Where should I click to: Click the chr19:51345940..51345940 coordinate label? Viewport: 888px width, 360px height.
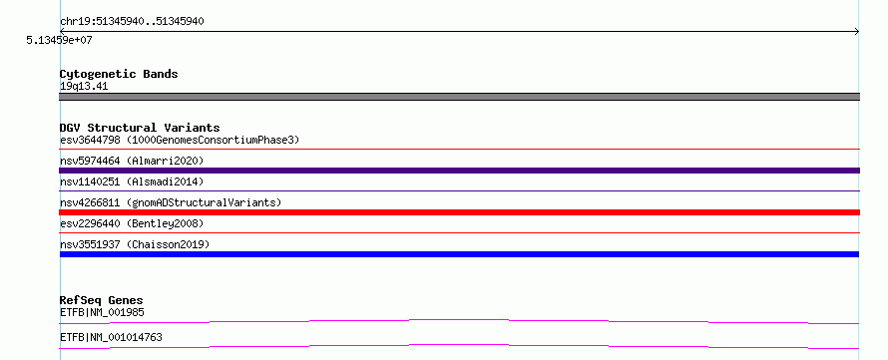pyautogui.click(x=132, y=22)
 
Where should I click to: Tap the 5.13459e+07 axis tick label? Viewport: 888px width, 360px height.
pyautogui.click(x=59, y=40)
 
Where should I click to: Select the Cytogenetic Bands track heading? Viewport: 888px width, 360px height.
pyautogui.click(x=119, y=74)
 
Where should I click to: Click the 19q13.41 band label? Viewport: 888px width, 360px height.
pyautogui.click(x=84, y=87)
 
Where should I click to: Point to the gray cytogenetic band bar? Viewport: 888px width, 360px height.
pyautogui.click(x=459, y=97)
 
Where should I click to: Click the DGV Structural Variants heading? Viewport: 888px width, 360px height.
pyautogui.click(x=140, y=128)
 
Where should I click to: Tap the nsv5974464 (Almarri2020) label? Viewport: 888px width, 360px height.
pyautogui.click(x=132, y=161)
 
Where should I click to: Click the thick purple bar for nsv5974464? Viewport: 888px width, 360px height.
pyautogui.click(x=459, y=171)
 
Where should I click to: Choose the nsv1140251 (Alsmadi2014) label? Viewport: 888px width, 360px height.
pyautogui.click(x=132, y=181)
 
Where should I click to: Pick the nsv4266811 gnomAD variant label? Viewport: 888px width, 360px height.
pyautogui.click(x=171, y=202)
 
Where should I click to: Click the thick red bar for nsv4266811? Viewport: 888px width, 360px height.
pyautogui.click(x=459, y=212)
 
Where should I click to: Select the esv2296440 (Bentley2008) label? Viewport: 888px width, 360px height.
pyautogui.click(x=132, y=223)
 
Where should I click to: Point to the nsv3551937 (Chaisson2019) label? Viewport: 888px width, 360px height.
pyautogui.click(x=135, y=244)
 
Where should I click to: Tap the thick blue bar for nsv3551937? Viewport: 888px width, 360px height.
pyautogui.click(x=459, y=254)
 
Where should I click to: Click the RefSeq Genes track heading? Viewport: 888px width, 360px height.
pyautogui.click(x=102, y=300)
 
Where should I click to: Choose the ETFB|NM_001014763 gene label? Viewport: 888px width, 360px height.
pyautogui.click(x=111, y=337)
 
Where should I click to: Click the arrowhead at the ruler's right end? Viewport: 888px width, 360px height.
pyautogui.click(x=857, y=32)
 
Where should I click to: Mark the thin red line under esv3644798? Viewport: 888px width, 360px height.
pyautogui.click(x=459, y=149)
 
